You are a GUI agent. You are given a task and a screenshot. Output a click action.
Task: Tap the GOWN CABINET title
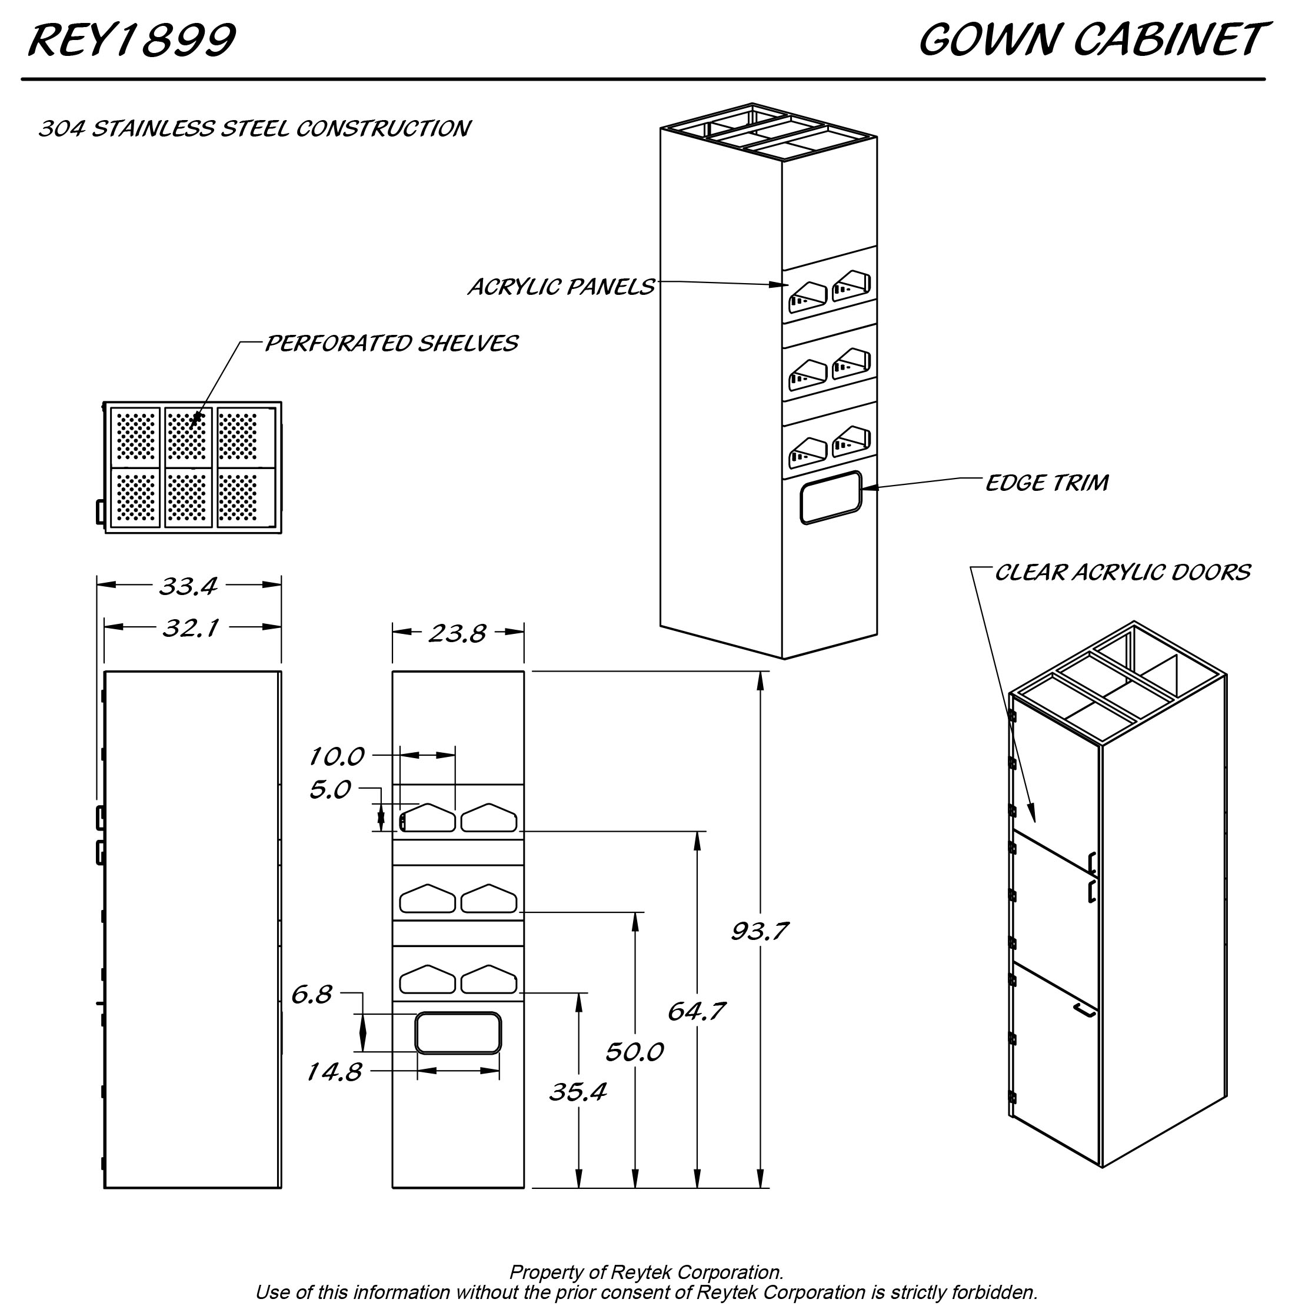1091,40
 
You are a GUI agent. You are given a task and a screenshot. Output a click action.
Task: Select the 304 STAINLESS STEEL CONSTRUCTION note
254,129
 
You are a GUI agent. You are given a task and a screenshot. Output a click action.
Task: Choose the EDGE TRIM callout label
1047,483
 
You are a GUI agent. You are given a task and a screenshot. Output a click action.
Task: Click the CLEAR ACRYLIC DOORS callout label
1122,573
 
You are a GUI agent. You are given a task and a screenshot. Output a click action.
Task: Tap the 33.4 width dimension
188,586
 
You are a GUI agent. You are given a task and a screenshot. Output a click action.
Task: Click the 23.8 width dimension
457,633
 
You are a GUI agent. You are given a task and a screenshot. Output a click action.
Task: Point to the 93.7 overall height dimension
760,932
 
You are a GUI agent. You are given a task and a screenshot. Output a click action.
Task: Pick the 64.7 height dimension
695,1012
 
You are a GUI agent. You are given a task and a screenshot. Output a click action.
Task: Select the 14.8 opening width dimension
334,1072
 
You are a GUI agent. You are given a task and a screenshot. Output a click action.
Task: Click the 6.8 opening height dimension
312,995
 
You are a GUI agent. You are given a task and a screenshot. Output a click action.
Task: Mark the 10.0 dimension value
337,756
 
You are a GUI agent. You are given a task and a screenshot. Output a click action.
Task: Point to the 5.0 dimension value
330,789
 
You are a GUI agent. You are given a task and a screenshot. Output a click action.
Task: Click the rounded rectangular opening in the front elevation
458,1032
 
